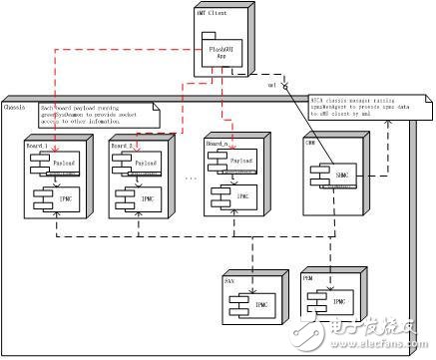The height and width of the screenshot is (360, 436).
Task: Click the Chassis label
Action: pos(15,107)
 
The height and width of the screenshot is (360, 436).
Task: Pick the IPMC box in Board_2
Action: pos(143,198)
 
